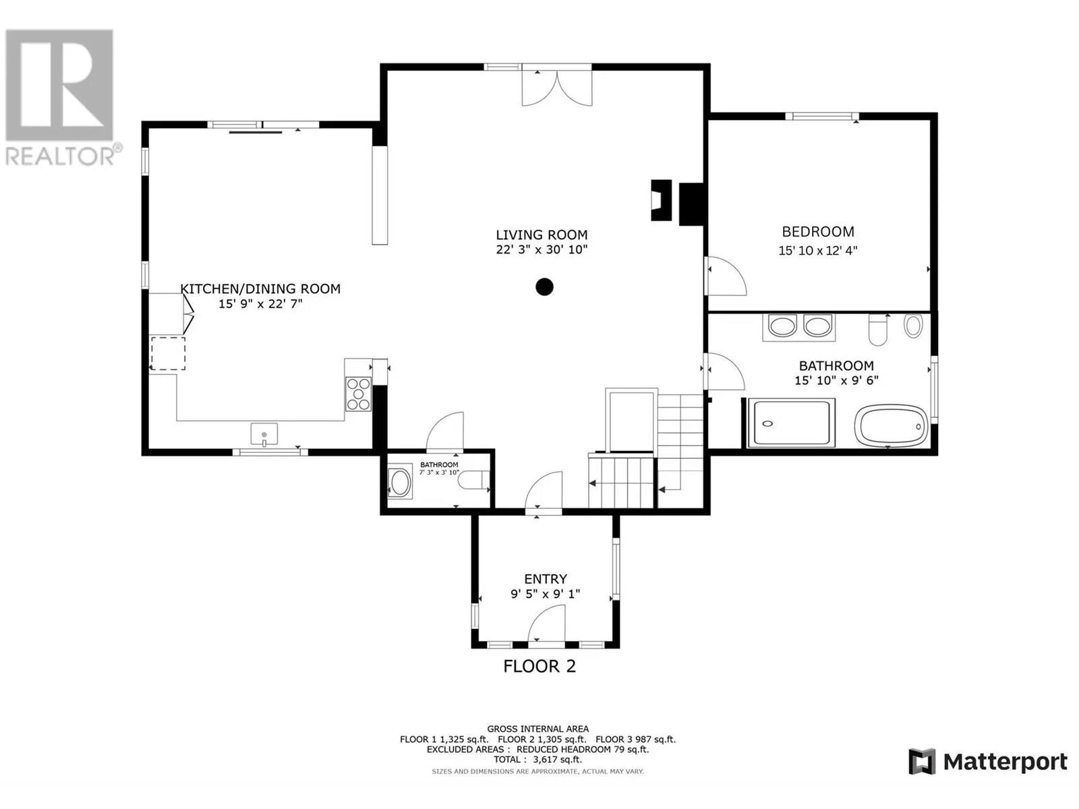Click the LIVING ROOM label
click(x=542, y=235)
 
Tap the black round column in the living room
click(x=544, y=287)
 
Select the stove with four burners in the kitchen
click(x=358, y=394)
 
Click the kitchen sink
click(x=264, y=434)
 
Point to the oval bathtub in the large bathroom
click(x=891, y=425)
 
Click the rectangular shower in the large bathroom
click(x=791, y=423)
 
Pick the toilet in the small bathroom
click(x=473, y=479)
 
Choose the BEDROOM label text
click(x=818, y=231)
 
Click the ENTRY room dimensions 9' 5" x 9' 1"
click(x=545, y=594)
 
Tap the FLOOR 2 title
click(x=539, y=666)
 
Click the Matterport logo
click(x=987, y=762)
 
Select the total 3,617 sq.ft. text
click(x=537, y=759)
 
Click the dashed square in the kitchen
click(x=168, y=353)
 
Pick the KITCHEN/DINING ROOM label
click(x=260, y=289)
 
